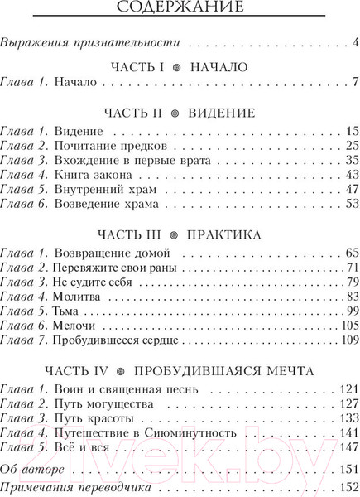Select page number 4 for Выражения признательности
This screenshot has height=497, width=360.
pyautogui.click(x=354, y=42)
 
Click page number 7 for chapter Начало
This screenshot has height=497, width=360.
pyautogui.click(x=353, y=82)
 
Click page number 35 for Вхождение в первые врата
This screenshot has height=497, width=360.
pyautogui.click(x=350, y=160)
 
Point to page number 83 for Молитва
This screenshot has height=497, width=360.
pyautogui.click(x=350, y=297)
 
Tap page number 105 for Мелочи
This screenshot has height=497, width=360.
pyautogui.click(x=348, y=327)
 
